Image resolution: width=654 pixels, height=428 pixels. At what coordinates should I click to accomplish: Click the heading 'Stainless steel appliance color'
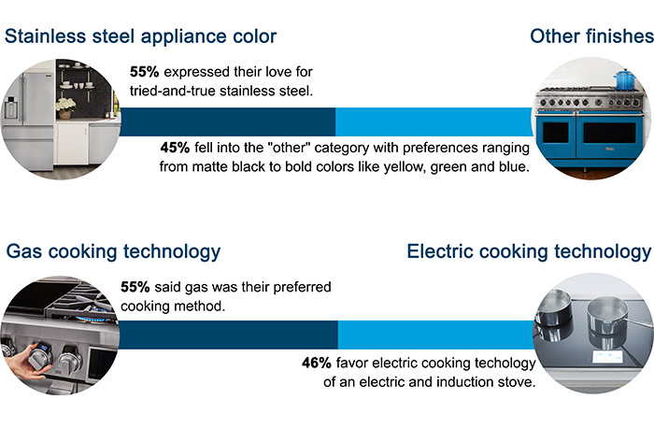tap(141, 36)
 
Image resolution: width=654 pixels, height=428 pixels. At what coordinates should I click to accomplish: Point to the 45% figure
tap(175, 149)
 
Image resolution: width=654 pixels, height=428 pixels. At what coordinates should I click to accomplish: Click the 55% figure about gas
tap(136, 288)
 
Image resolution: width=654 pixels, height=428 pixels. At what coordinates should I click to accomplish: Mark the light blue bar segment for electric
tap(435, 335)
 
